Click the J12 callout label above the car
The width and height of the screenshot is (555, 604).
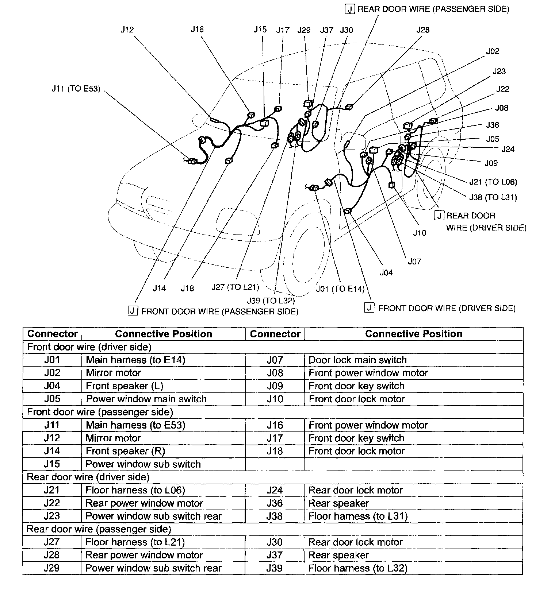(x=127, y=30)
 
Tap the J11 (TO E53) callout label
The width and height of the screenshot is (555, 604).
(x=76, y=89)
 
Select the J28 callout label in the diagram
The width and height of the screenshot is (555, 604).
(x=423, y=30)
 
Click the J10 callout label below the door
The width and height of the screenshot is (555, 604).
(x=420, y=233)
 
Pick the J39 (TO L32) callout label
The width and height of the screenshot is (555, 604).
(x=271, y=301)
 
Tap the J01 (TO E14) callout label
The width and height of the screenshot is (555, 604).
(x=340, y=289)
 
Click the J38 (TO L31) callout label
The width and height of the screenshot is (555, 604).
(x=493, y=197)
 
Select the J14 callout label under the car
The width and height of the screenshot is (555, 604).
(x=159, y=288)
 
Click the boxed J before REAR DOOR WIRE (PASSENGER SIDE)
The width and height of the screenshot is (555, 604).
(x=350, y=9)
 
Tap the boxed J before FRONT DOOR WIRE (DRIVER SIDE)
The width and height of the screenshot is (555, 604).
(x=370, y=308)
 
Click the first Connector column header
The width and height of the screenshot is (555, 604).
(x=52, y=334)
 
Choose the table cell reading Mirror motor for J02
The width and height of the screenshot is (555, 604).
(x=114, y=373)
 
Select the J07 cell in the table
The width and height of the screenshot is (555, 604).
(x=275, y=360)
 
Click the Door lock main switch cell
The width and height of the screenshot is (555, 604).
(x=357, y=360)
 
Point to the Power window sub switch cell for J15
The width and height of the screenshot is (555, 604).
(x=143, y=464)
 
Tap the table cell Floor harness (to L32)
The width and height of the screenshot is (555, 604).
(x=357, y=568)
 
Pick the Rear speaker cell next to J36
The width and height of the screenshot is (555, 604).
(x=338, y=503)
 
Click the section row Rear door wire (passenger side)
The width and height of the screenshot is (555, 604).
(x=99, y=529)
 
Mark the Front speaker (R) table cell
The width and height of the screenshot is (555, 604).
(x=125, y=451)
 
